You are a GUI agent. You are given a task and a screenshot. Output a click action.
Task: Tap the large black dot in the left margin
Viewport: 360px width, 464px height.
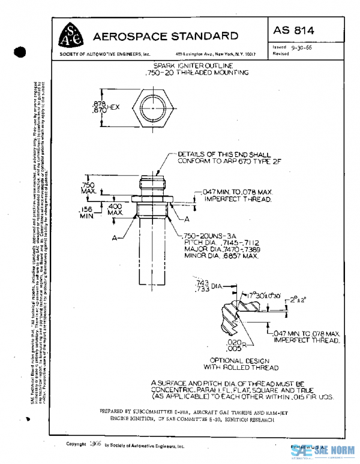pyautogui.click(x=21, y=52)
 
